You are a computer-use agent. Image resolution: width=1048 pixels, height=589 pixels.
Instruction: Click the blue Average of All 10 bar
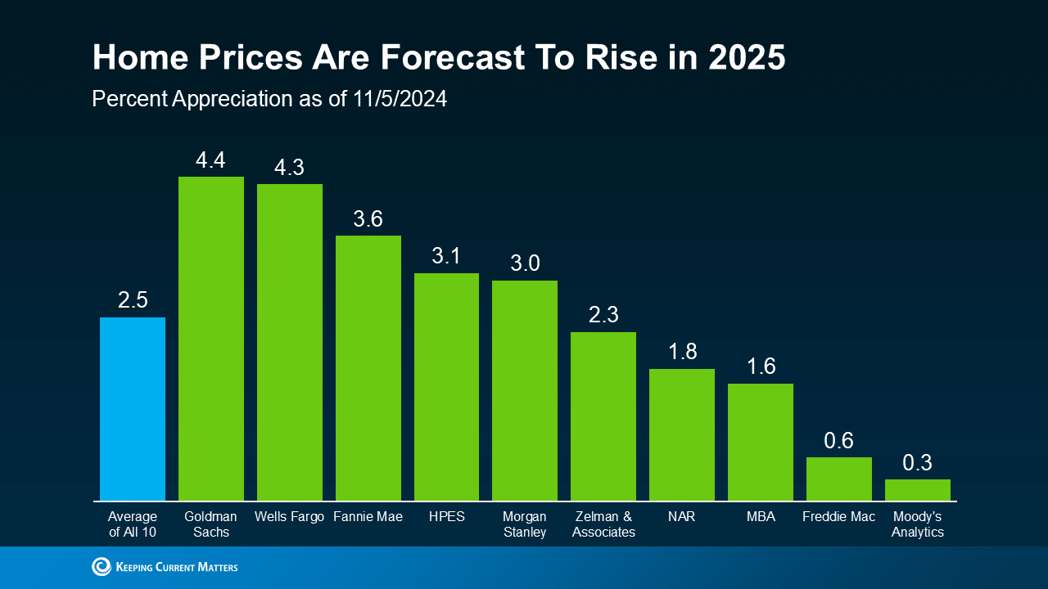point(133,409)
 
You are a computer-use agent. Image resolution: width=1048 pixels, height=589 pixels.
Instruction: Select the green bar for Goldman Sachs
point(211,339)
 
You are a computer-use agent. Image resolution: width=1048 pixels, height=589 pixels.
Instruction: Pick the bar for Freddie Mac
point(839,479)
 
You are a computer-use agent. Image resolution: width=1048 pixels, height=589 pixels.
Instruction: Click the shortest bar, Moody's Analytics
point(918,490)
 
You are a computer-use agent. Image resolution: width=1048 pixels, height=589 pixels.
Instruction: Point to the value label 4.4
point(210,160)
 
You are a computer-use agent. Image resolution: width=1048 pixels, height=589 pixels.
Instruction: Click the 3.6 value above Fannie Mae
point(368,219)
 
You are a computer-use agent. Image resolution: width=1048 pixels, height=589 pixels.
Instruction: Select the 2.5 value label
point(133,300)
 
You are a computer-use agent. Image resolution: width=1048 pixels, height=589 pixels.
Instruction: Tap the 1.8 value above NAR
point(682,352)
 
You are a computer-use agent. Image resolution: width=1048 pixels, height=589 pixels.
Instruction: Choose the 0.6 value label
point(838,441)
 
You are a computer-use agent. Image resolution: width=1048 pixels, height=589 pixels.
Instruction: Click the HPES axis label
point(446,517)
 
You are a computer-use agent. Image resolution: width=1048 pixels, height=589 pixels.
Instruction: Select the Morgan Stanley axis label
point(525,524)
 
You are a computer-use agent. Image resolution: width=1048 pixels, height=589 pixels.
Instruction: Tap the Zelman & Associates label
point(603,524)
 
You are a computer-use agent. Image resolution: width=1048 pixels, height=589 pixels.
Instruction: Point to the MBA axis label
point(761,517)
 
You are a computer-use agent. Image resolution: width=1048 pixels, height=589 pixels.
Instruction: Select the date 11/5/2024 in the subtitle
point(400,99)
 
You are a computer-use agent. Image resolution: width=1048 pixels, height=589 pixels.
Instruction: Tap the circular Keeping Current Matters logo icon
point(102,566)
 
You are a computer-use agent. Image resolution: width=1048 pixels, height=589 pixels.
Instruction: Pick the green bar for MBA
point(761,442)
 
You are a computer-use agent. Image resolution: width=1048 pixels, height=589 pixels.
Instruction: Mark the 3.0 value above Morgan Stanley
point(525,263)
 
